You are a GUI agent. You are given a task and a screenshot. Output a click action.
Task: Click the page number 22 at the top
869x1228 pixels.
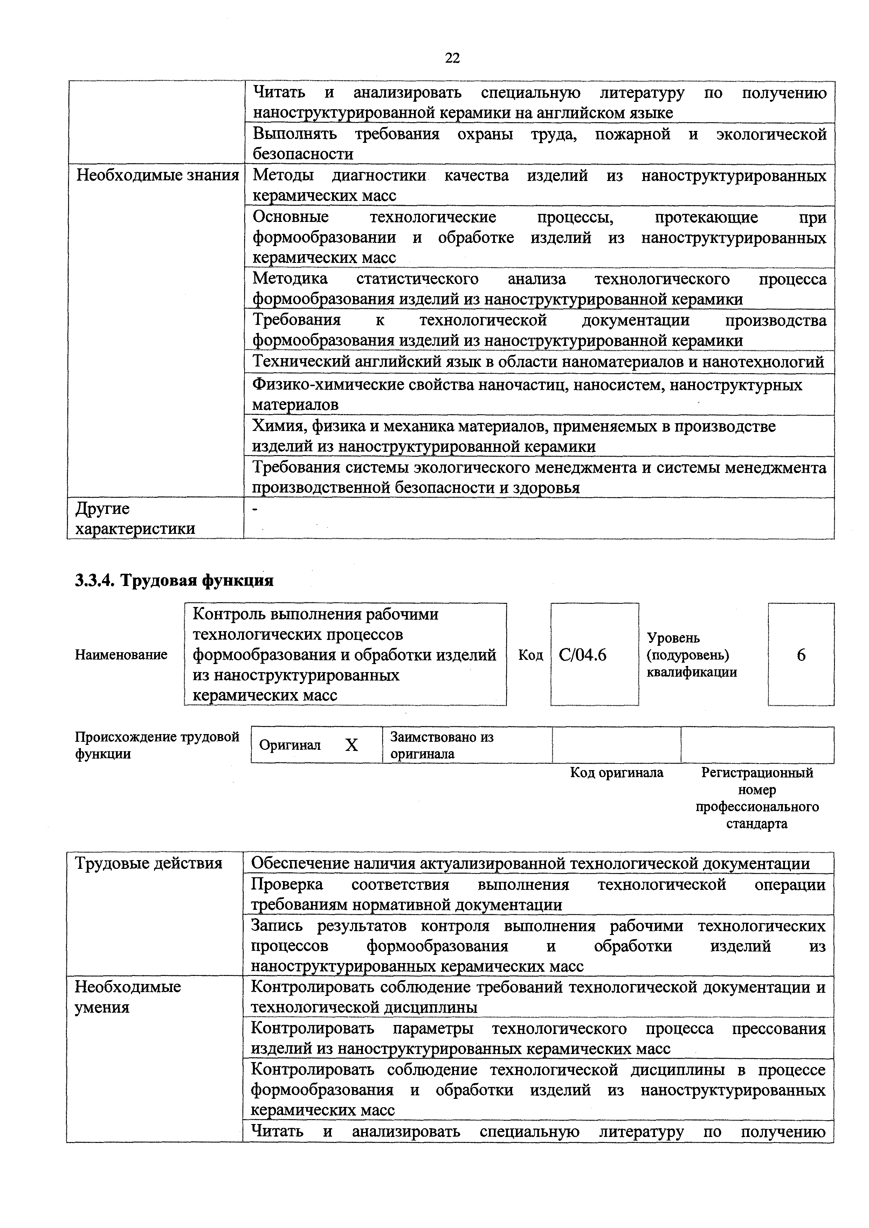(452, 58)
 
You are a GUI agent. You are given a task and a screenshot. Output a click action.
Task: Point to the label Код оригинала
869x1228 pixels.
(616, 772)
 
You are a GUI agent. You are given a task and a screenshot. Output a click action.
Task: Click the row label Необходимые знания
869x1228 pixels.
(157, 175)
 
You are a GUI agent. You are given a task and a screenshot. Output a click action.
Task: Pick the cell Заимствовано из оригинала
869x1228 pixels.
(442, 745)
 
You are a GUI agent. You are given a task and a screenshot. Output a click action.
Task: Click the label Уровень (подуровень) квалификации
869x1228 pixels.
(691, 655)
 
